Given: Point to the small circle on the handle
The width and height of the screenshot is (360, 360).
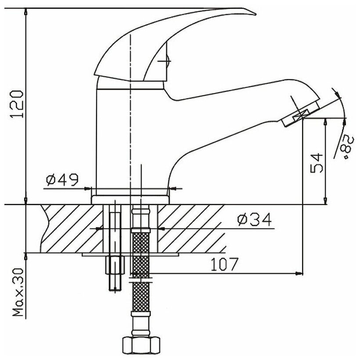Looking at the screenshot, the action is pyautogui.click(x=166, y=62).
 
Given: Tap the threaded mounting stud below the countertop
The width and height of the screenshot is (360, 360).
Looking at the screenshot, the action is pyautogui.click(x=113, y=272).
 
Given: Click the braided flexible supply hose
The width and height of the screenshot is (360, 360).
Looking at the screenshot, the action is pyautogui.click(x=140, y=272).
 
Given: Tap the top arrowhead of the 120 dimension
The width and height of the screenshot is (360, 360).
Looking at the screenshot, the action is pyautogui.click(x=26, y=11).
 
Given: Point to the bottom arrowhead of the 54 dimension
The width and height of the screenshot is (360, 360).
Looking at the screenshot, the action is pyautogui.click(x=325, y=202).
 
